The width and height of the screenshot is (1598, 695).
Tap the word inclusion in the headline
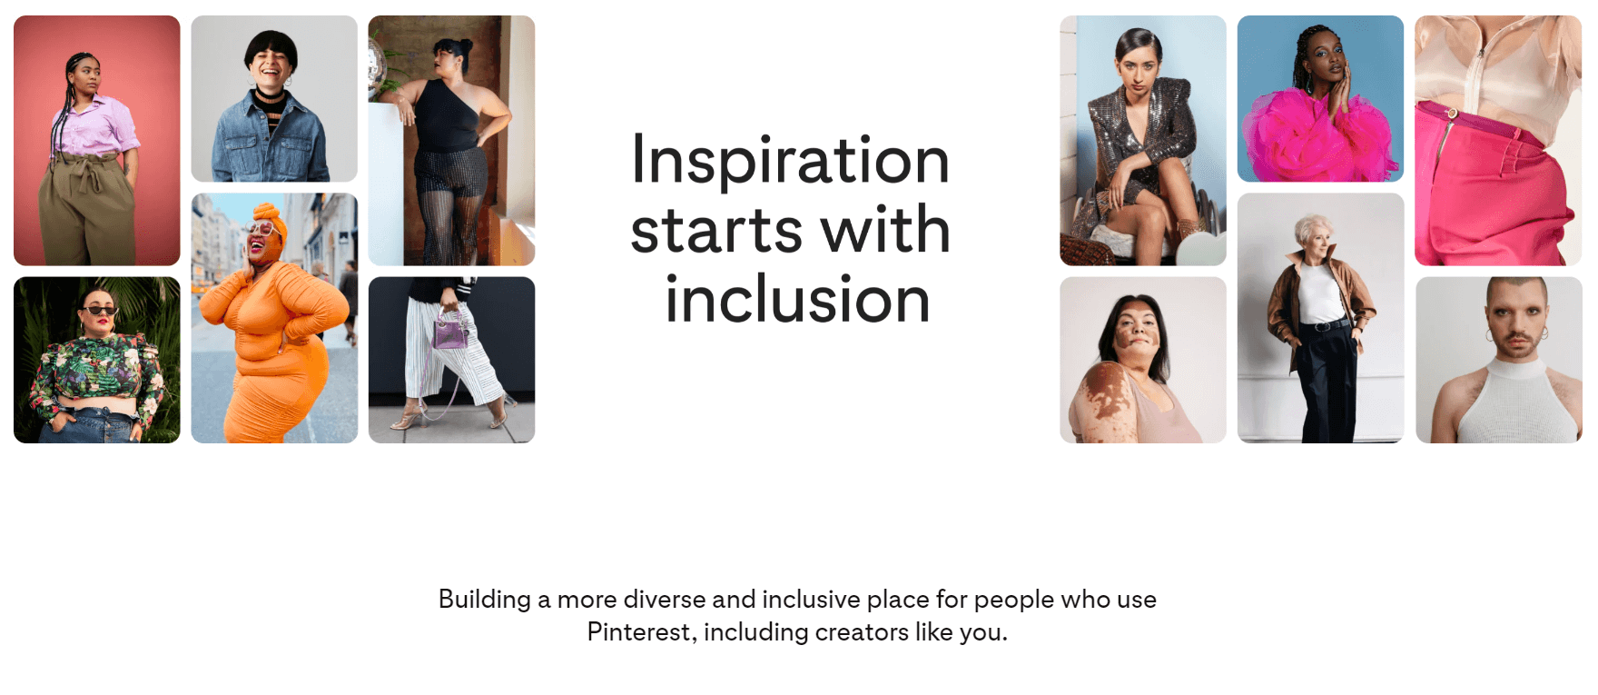[x=797, y=299]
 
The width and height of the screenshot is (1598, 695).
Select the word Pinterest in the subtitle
[x=641, y=631]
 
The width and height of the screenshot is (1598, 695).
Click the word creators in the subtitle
[x=861, y=631]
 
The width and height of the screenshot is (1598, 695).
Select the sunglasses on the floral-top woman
[x=99, y=312]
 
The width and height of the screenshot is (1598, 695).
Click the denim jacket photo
[x=274, y=98]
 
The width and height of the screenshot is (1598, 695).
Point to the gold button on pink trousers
[x=1452, y=114]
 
